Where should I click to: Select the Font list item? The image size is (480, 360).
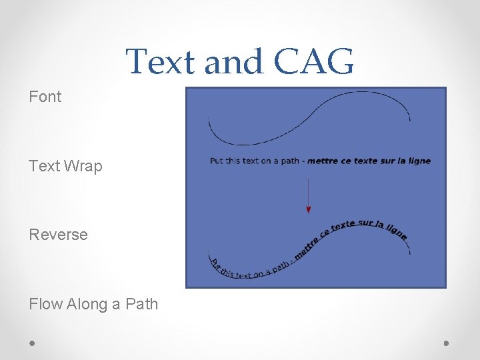(x=45, y=97)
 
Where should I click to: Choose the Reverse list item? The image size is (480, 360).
(x=59, y=235)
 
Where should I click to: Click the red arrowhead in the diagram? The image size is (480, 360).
(x=308, y=209)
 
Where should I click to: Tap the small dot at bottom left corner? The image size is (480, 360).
(x=32, y=343)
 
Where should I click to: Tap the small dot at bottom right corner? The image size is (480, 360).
(x=446, y=343)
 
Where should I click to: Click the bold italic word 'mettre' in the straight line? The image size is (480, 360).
(x=321, y=161)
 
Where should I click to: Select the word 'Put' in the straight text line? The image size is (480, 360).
(x=217, y=161)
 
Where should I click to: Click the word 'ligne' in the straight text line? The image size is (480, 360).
(x=419, y=161)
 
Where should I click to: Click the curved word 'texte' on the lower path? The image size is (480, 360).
(x=343, y=225)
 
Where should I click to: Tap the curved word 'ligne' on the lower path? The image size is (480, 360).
(x=396, y=229)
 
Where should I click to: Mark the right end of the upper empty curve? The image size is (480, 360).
(x=409, y=120)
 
